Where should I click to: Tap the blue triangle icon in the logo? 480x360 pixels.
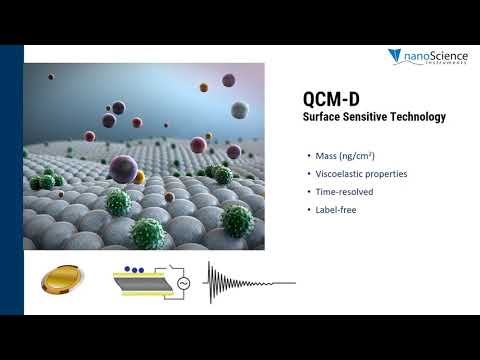click(x=396, y=56)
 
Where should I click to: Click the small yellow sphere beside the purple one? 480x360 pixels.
click(x=139, y=177)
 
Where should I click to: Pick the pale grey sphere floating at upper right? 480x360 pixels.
click(x=239, y=109)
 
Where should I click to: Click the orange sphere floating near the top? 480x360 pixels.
click(x=203, y=87)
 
